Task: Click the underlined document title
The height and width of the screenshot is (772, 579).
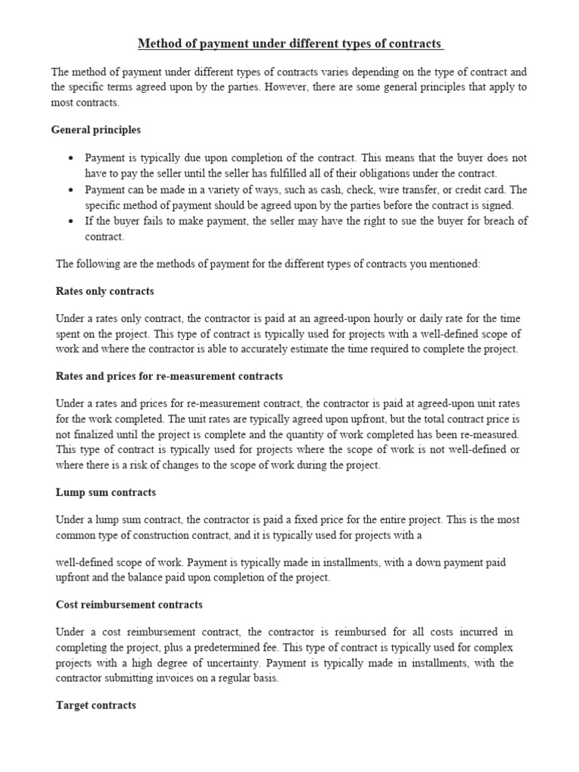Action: coord(290,44)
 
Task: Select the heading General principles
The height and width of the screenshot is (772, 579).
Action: coord(96,130)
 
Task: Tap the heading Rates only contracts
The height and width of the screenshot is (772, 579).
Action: coord(105,291)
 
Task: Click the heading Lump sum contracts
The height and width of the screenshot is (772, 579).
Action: coord(106,492)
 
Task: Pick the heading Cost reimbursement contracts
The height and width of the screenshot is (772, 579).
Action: coord(130,605)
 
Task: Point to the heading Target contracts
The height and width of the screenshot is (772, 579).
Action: coord(96,706)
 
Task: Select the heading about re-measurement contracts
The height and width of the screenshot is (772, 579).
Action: coord(170,375)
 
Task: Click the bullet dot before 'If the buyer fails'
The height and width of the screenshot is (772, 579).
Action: coord(71,222)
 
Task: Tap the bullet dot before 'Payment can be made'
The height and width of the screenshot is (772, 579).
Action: coord(71,190)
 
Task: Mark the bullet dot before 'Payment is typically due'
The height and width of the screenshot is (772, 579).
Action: coord(71,158)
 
